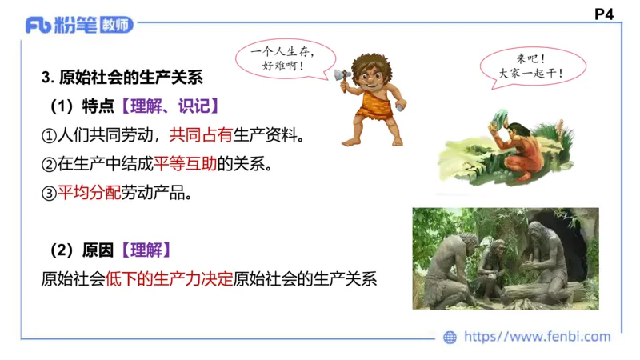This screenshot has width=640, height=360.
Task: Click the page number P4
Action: [604, 14]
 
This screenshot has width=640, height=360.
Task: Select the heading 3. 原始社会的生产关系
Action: [122, 78]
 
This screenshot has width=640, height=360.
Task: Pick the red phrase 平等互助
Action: [186, 164]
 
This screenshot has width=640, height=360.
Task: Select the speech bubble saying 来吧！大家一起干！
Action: [529, 66]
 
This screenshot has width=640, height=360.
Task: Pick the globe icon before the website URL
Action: [450, 338]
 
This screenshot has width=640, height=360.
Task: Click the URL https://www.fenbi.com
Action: [537, 338]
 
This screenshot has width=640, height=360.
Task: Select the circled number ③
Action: [49, 193]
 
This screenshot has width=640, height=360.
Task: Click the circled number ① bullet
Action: [49, 135]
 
